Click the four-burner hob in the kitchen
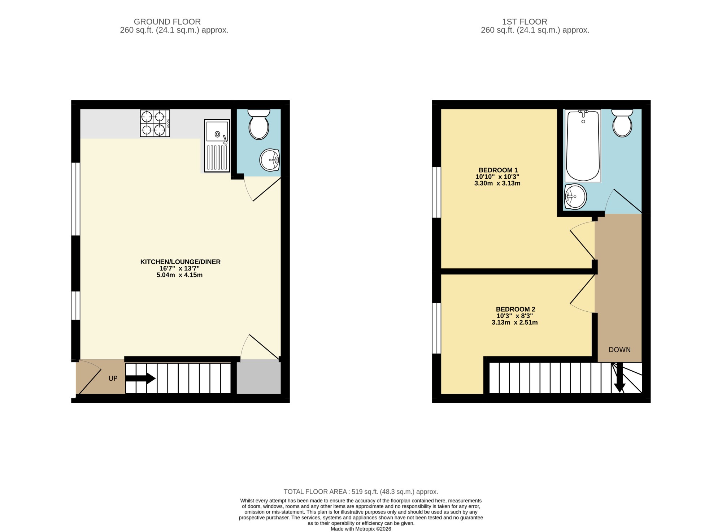pyautogui.click(x=155, y=123)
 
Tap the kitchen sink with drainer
pyautogui.click(x=217, y=145)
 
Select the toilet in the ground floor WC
pyautogui.click(x=259, y=124)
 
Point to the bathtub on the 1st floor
pyautogui.click(x=583, y=146)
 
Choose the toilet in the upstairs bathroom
pyautogui.click(x=622, y=123)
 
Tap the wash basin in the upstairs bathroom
pyautogui.click(x=575, y=196)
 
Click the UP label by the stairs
pyautogui.click(x=113, y=379)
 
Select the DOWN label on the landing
pyautogui.click(x=619, y=350)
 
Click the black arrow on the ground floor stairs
pyautogui.click(x=140, y=379)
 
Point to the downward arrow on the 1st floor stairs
pyautogui.click(x=619, y=377)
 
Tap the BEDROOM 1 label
pyautogui.click(x=498, y=170)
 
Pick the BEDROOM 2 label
pyautogui.click(x=515, y=309)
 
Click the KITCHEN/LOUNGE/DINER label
pyautogui.click(x=180, y=262)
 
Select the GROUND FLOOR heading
pyautogui.click(x=167, y=22)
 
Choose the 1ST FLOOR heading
pyautogui.click(x=525, y=22)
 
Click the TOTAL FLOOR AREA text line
pyautogui.click(x=361, y=492)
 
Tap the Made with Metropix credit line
pyautogui.click(x=361, y=529)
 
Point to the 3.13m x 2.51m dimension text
pyautogui.click(x=514, y=323)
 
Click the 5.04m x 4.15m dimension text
pyautogui.click(x=179, y=275)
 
